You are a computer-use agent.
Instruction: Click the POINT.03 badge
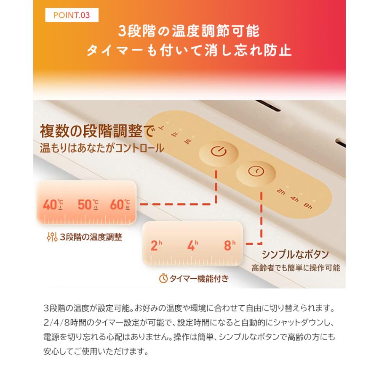tap(72, 16)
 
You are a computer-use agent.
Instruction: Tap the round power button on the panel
tap(216, 151)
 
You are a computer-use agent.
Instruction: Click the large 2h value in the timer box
tap(156, 246)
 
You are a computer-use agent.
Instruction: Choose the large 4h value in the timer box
tap(192, 246)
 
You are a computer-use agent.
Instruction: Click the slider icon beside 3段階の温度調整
tap(52, 237)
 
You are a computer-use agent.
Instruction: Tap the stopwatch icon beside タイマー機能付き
tap(163, 278)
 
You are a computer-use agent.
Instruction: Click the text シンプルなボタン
tap(295, 255)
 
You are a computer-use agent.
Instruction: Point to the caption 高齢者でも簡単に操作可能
tap(296, 268)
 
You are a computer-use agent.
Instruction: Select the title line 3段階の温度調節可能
tap(189, 31)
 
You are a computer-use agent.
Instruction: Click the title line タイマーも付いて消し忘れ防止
tap(189, 51)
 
